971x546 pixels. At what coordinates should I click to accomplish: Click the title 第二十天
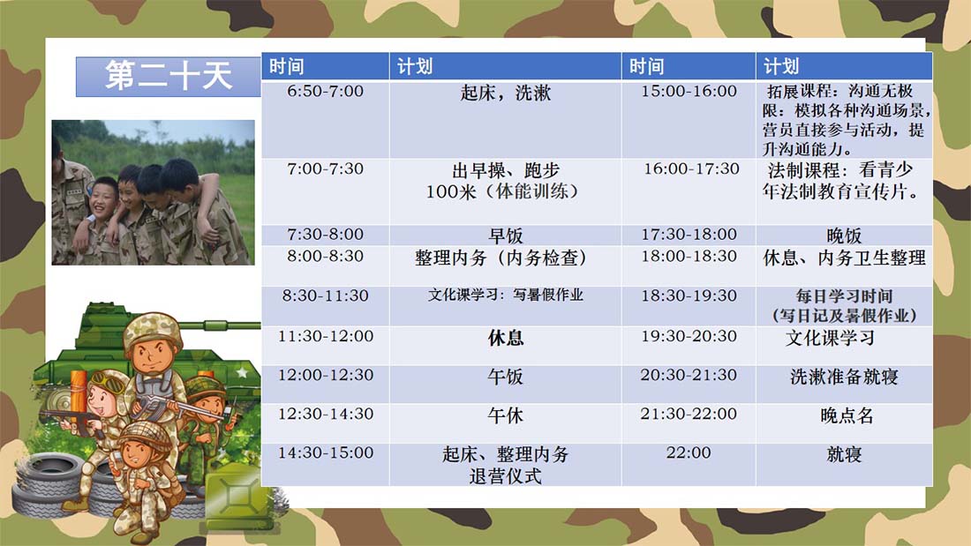tap(168, 76)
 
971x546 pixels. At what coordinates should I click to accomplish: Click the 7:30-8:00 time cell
tap(325, 234)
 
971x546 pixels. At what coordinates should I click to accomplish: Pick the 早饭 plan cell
tap(505, 236)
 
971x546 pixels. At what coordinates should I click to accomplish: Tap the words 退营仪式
tap(505, 476)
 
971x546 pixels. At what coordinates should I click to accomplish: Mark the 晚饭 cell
tap(844, 236)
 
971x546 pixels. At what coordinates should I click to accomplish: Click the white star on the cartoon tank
tap(242, 372)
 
